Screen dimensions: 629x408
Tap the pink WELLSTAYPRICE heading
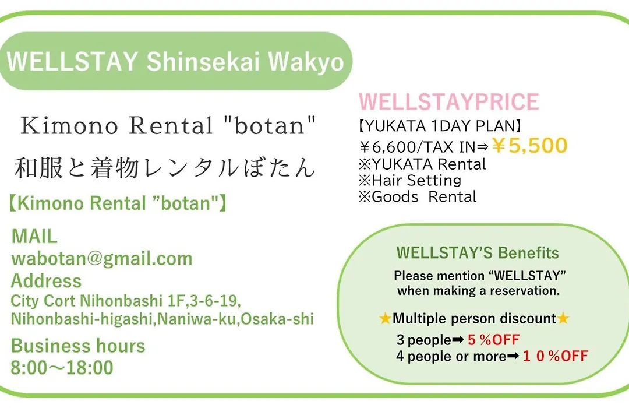(448, 101)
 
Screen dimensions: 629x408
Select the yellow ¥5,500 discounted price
(529, 145)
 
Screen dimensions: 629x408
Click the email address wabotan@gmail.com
(102, 258)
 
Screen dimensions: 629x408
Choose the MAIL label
(34, 236)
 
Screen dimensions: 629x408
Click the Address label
(46, 281)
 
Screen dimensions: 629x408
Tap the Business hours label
(78, 346)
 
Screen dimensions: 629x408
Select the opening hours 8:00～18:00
(62, 367)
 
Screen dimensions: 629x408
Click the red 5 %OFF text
(493, 340)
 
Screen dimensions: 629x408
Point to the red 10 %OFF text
(556, 356)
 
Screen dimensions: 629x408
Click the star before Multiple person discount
(385, 318)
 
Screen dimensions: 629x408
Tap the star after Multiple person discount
(563, 318)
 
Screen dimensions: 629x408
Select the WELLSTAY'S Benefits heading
(478, 253)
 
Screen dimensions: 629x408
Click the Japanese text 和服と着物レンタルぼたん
(164, 167)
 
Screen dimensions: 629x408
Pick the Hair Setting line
(410, 180)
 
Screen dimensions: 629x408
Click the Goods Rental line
(418, 197)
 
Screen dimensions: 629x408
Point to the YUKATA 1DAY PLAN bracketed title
(439, 126)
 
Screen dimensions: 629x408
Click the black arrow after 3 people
(458, 340)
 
